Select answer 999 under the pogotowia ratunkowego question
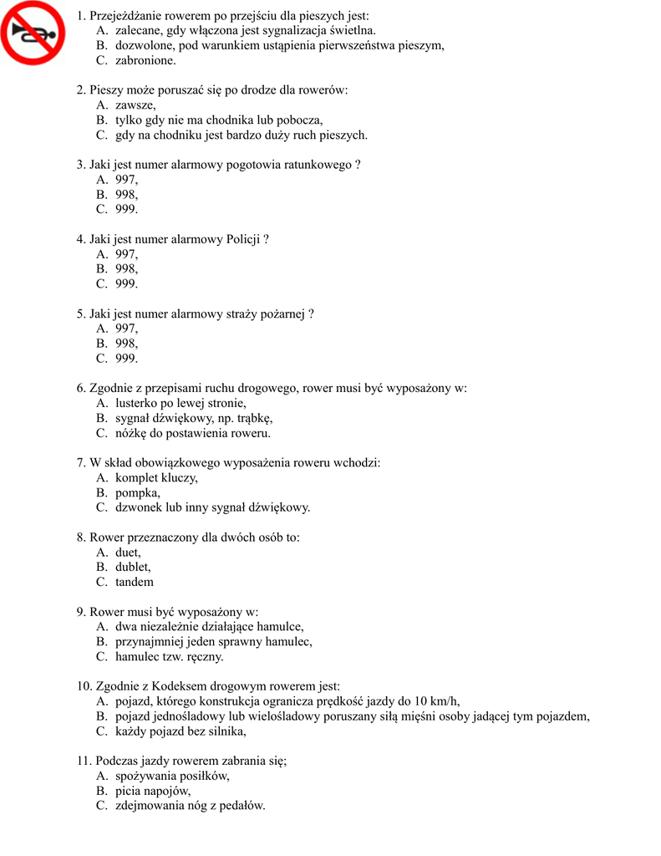pyautogui.click(x=126, y=209)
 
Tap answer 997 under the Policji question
pyautogui.click(x=126, y=254)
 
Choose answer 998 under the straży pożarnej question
pyautogui.click(x=126, y=344)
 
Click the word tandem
pyautogui.click(x=135, y=582)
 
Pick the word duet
pyautogui.click(x=128, y=553)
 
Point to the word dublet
pyautogui.click(x=133, y=568)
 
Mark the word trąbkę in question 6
pyautogui.click(x=252, y=418)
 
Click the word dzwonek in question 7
pyautogui.click(x=139, y=507)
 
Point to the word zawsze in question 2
pyautogui.click(x=135, y=105)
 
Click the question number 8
pyautogui.click(x=81, y=538)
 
